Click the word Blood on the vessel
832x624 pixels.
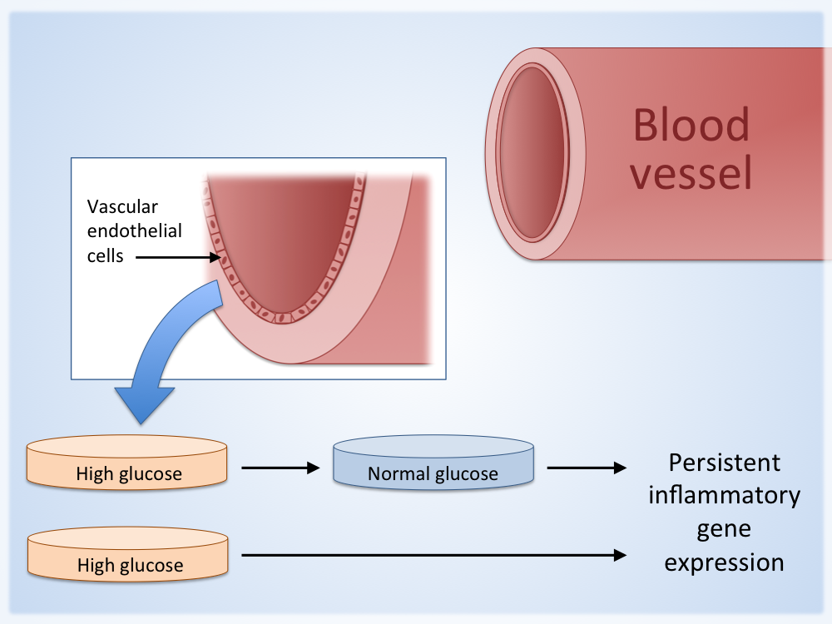691,125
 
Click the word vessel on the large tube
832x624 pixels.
691,174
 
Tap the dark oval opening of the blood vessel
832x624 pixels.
532,154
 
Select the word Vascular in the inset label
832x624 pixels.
122,206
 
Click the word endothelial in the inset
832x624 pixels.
135,230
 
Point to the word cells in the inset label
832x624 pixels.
106,255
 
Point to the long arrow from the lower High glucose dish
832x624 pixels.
433,554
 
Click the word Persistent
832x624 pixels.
725,463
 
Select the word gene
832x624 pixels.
725,530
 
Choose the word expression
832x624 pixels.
725,562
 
